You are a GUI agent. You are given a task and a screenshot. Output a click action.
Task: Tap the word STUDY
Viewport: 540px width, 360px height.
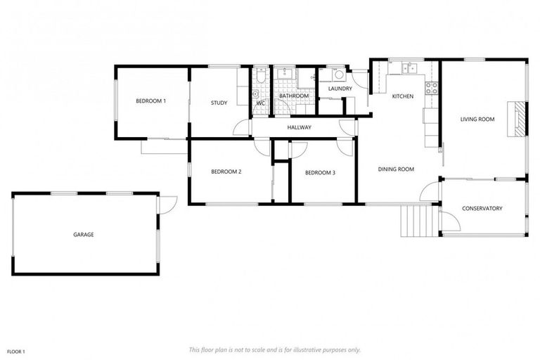point(219,103)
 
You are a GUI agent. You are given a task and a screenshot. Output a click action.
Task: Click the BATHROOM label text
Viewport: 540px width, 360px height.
point(294,96)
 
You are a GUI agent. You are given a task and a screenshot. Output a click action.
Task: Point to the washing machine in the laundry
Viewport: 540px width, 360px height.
point(338,75)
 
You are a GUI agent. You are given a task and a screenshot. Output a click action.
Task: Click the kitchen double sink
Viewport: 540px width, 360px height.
point(407,69)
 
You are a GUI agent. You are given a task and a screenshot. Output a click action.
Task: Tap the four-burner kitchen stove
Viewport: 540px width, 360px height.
point(430,88)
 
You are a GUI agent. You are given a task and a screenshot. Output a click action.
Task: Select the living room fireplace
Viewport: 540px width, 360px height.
point(517,119)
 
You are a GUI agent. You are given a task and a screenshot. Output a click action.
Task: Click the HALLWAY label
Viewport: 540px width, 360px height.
point(299,127)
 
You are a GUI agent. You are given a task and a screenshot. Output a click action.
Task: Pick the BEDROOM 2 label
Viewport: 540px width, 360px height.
point(226,172)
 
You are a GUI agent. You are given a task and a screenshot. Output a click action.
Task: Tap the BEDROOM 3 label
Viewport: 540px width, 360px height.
point(319,172)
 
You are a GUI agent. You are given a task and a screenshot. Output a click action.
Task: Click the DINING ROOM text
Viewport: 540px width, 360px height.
point(396,169)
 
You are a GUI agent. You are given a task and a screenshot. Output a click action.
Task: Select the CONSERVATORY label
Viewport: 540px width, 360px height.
point(482,208)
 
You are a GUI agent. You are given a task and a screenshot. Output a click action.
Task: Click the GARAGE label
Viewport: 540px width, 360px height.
point(84,234)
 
